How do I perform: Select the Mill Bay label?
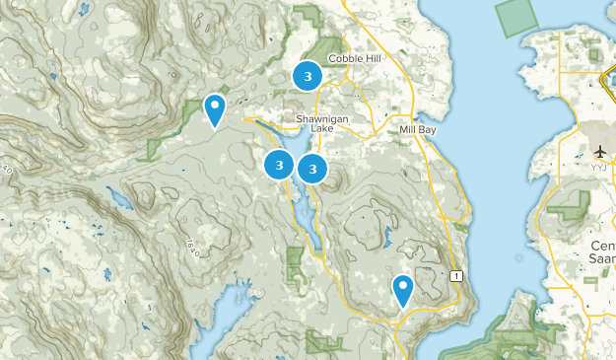[x=417, y=129]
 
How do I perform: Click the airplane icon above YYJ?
[x=600, y=151]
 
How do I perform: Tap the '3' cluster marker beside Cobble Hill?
[x=308, y=75]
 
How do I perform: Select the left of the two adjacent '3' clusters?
[x=280, y=165]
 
